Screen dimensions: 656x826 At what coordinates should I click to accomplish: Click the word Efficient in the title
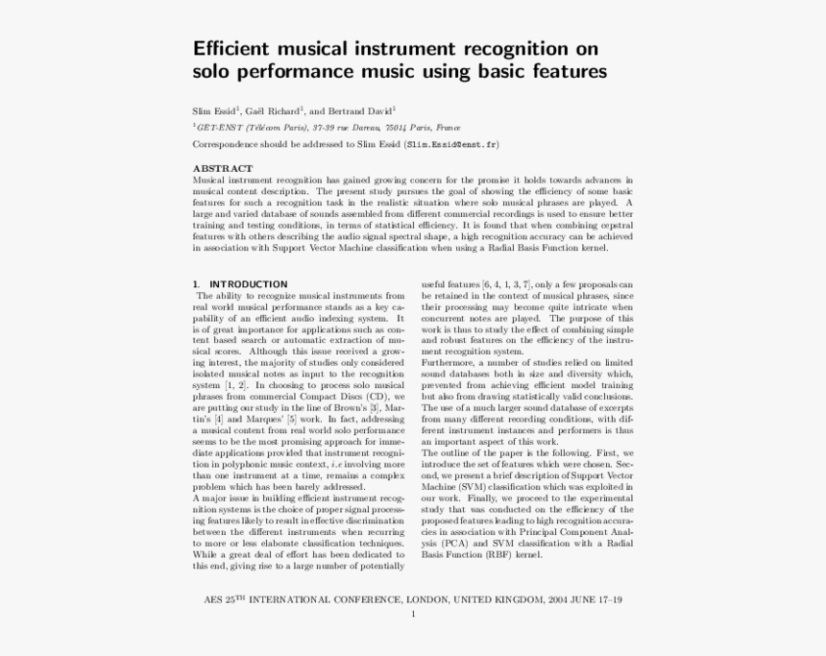coord(231,48)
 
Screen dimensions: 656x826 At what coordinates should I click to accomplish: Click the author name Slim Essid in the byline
coord(215,110)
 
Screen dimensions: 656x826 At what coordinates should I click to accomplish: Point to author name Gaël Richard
coord(274,110)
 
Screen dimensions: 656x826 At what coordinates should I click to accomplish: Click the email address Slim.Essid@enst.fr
coord(451,144)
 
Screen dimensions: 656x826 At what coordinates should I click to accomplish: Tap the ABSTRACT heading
coord(223,168)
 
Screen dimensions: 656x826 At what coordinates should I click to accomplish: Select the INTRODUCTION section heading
coord(248,284)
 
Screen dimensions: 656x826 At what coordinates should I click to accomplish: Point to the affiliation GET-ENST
coord(218,127)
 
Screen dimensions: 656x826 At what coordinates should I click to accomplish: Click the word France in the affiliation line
coord(448,127)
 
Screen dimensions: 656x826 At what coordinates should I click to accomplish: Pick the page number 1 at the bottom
coord(413,614)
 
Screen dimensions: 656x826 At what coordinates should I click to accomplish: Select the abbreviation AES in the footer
coord(214,599)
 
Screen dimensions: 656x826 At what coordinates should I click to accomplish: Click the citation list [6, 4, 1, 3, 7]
coord(506,285)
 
